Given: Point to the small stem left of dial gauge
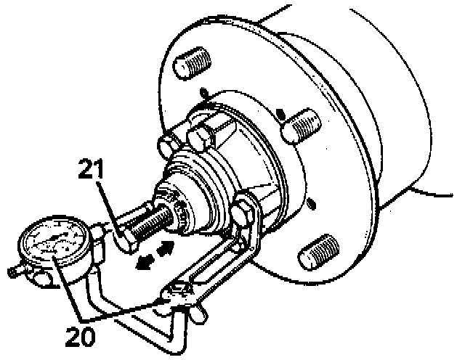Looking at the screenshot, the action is point(14,273).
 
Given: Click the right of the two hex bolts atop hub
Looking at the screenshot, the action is point(201,136).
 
